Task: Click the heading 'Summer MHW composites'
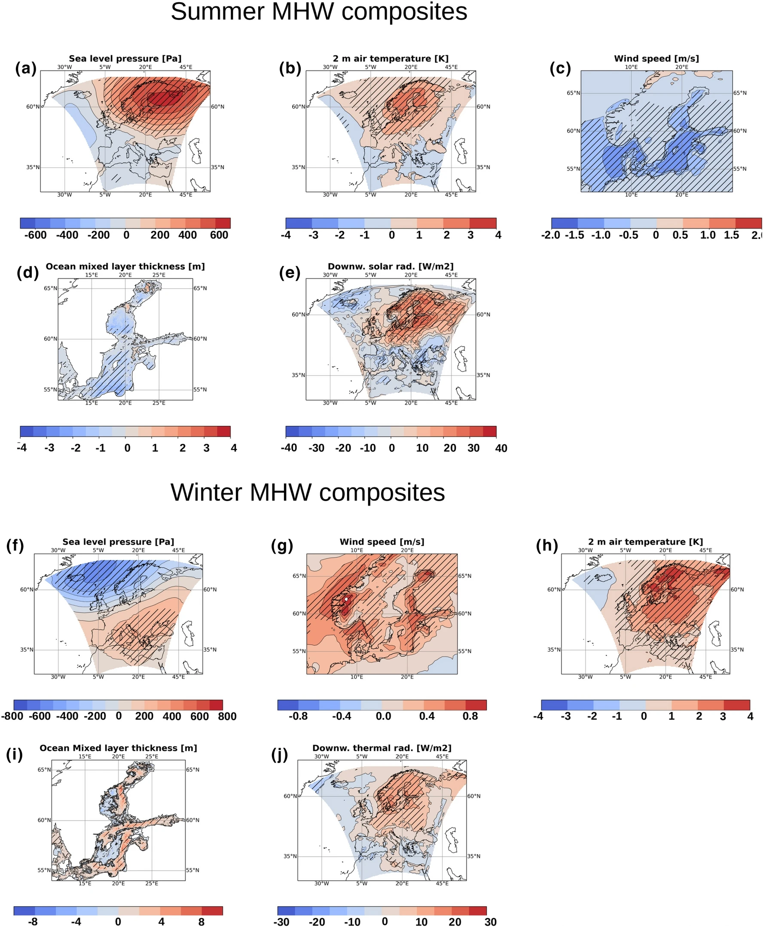click(x=319, y=12)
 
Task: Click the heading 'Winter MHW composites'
click(x=308, y=492)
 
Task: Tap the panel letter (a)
click(x=25, y=69)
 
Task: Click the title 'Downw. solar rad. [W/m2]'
click(x=390, y=266)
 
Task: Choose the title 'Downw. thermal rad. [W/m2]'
click(x=381, y=748)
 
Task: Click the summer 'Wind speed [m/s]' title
click(x=656, y=58)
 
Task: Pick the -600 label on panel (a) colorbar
click(x=35, y=235)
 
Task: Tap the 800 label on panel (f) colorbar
click(x=227, y=716)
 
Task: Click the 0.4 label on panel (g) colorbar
click(x=426, y=716)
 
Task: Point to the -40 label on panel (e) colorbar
click(x=289, y=448)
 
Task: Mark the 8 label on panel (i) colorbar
click(x=201, y=922)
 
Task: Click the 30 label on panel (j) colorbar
click(x=491, y=922)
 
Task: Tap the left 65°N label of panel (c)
click(x=573, y=93)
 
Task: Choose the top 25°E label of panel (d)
click(x=159, y=275)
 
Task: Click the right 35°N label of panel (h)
click(x=737, y=650)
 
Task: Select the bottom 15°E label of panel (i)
click(x=85, y=883)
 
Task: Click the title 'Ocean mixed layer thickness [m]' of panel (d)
click(x=125, y=266)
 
